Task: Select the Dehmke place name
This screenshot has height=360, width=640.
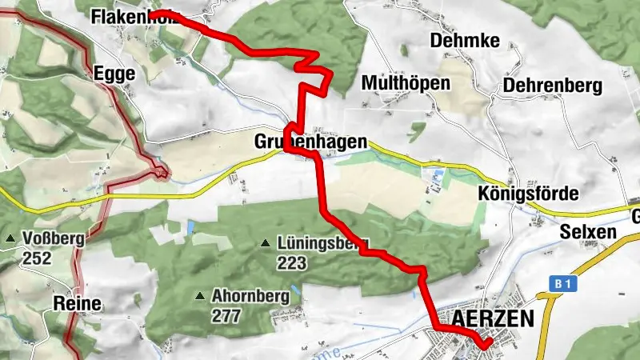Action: [x=454, y=40]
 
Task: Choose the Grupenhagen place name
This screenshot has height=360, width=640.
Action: [x=310, y=142]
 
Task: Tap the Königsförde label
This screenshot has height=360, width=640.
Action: [x=527, y=194]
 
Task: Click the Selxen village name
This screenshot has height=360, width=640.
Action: [x=588, y=233]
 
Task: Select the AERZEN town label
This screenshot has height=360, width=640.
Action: [x=493, y=318]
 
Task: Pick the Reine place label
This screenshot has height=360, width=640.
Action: [x=78, y=303]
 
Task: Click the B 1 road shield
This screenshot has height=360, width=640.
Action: [x=565, y=283]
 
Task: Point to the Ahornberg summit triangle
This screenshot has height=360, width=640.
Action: [x=199, y=296]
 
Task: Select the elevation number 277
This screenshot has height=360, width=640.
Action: [x=226, y=315]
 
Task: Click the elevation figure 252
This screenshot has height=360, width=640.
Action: [x=38, y=258]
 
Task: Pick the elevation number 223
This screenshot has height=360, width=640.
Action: [x=292, y=262]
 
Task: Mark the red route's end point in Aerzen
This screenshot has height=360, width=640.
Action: [x=487, y=345]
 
